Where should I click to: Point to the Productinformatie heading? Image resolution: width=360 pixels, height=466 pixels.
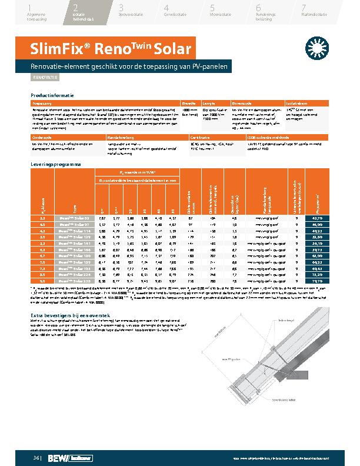coord(52,94)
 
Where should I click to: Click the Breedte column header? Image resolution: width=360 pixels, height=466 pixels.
coord(189,102)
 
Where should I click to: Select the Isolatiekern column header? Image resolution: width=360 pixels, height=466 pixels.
coord(295,102)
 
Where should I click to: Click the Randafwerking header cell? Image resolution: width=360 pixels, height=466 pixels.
coord(119,137)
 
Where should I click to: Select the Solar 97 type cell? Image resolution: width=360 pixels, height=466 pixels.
coord(74,225)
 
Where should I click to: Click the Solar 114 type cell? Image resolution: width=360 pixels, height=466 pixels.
coord(74,232)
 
